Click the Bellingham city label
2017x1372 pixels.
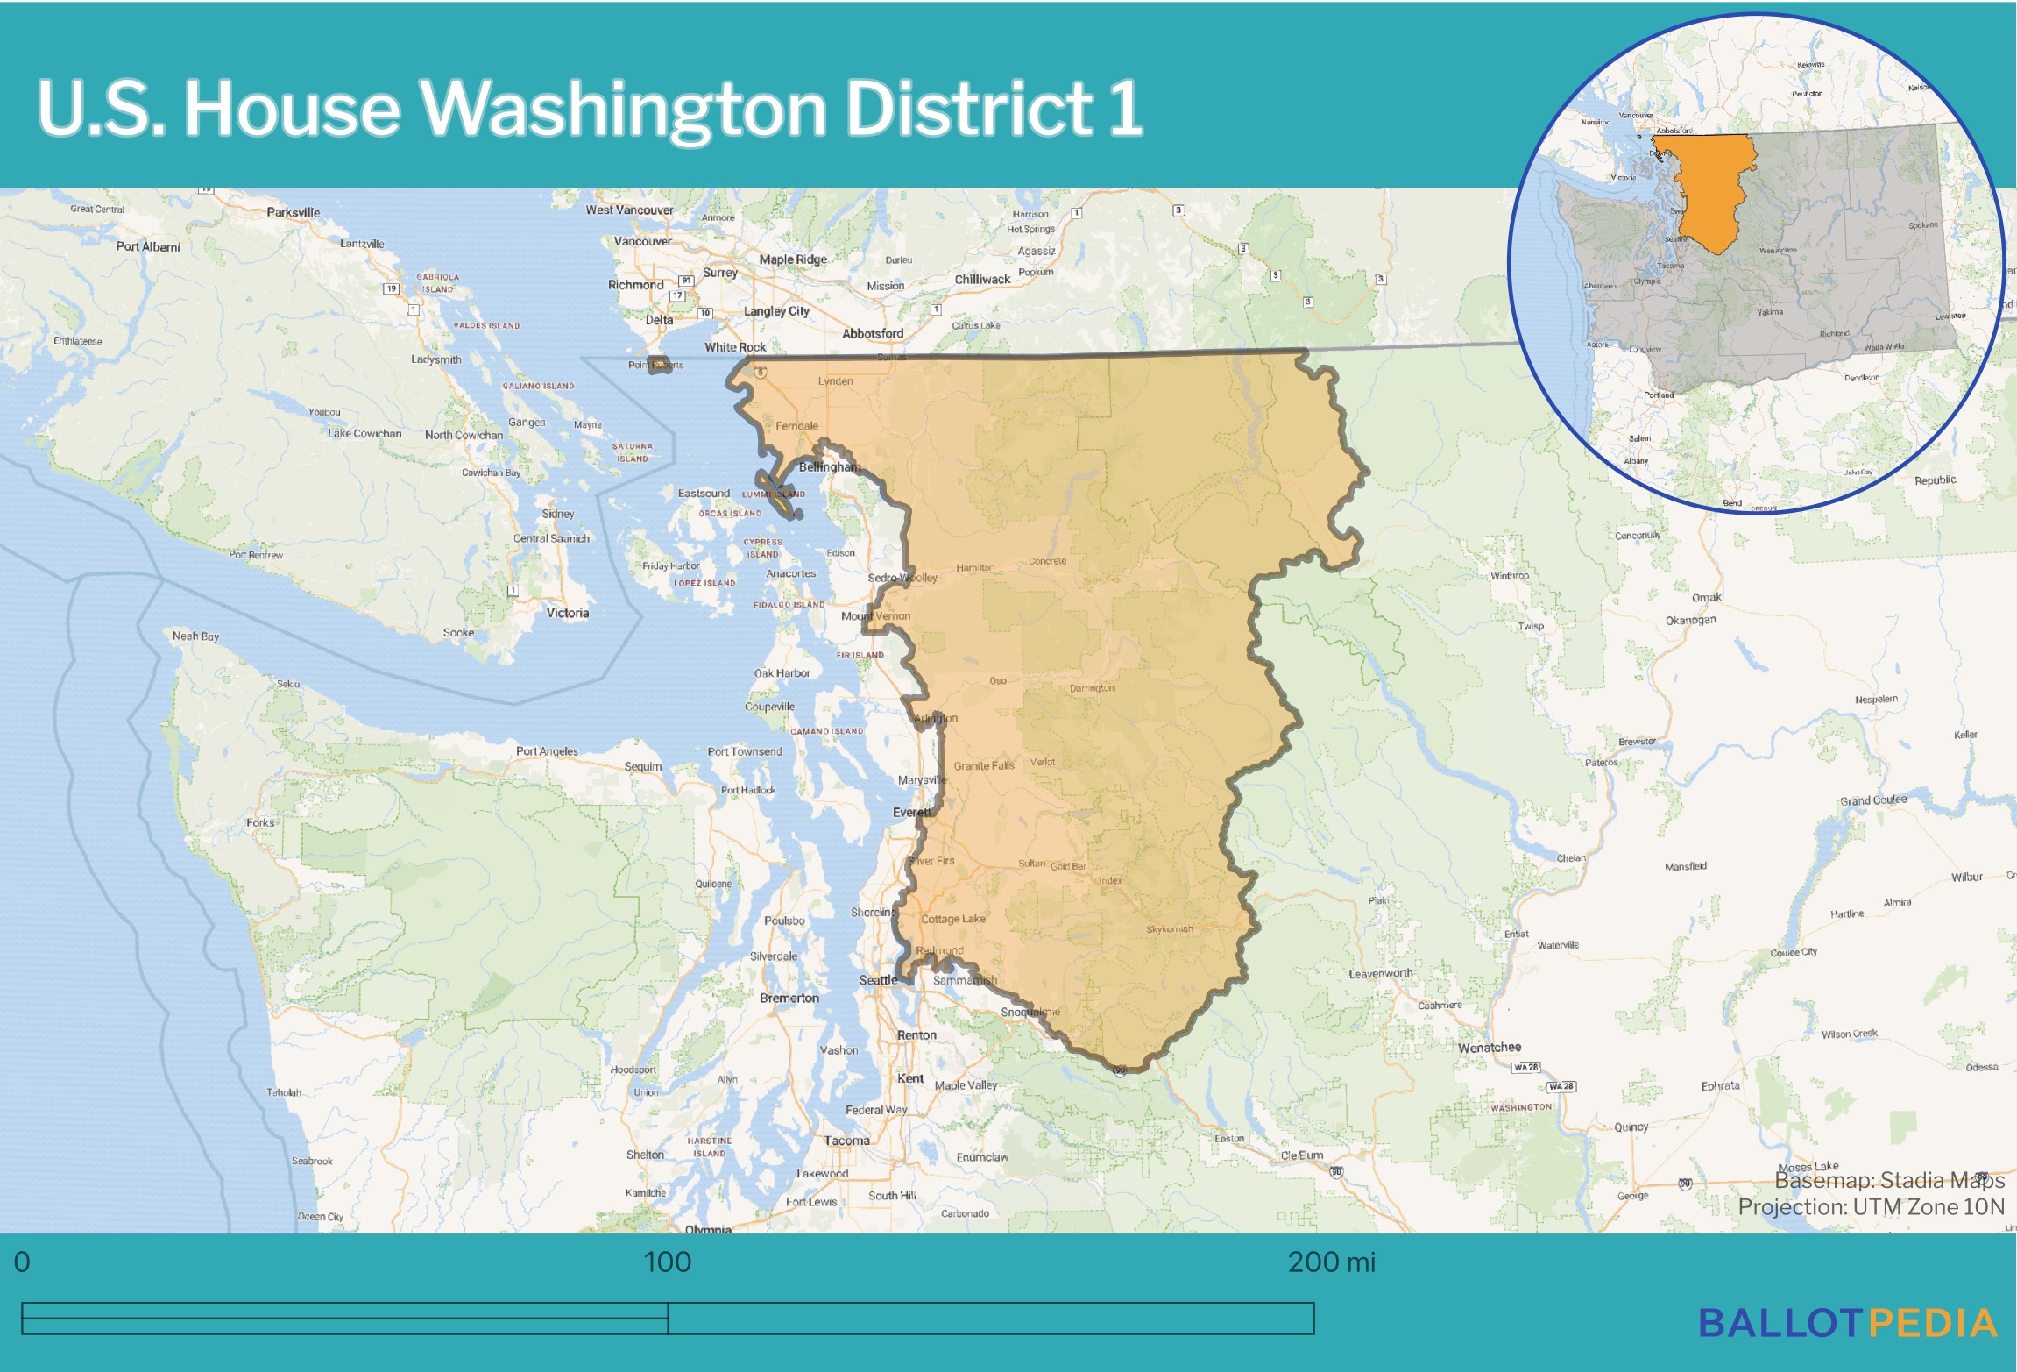pos(828,466)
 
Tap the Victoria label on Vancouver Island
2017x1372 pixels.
pos(567,613)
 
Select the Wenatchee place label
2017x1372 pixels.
pos(1489,1047)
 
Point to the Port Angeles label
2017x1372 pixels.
pos(547,751)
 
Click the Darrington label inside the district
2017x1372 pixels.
pos(1092,688)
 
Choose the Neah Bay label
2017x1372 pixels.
pos(195,636)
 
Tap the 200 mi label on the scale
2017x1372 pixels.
pos(1331,1262)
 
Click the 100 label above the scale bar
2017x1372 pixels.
pos(667,1262)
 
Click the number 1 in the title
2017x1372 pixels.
pos(1124,109)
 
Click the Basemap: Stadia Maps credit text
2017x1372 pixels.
pos(1889,1180)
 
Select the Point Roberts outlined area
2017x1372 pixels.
pos(659,365)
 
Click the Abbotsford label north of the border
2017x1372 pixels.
pos(872,333)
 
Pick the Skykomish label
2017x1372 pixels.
pos(1169,929)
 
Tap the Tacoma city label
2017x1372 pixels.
pos(846,1141)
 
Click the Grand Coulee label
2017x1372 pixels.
pos(1872,800)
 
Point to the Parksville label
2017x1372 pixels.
pos(293,212)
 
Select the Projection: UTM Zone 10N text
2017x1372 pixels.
pos(1871,1207)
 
